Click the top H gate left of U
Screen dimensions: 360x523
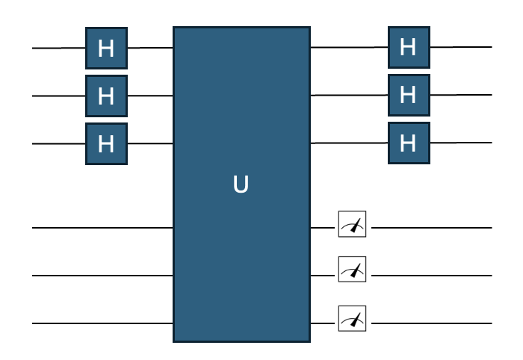coord(106,49)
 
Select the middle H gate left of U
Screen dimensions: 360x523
coord(106,96)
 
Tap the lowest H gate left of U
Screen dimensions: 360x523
coord(106,143)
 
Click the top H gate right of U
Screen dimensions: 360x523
coord(408,48)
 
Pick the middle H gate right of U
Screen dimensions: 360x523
coord(408,95)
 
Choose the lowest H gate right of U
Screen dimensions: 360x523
coord(408,142)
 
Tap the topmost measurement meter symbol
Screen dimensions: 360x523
coord(352,226)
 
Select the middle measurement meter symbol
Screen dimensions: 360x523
coord(352,273)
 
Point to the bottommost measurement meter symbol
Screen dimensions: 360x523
coord(352,321)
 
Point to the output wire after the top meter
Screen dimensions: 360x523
coord(431,226)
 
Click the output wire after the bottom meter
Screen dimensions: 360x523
coord(431,323)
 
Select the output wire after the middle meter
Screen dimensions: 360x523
coord(431,275)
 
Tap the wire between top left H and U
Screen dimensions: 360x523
coord(150,49)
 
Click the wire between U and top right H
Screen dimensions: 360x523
coord(348,48)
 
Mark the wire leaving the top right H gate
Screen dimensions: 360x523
coord(460,47)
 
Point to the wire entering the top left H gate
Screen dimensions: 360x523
coord(58,49)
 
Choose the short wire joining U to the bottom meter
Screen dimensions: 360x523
coord(324,322)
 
